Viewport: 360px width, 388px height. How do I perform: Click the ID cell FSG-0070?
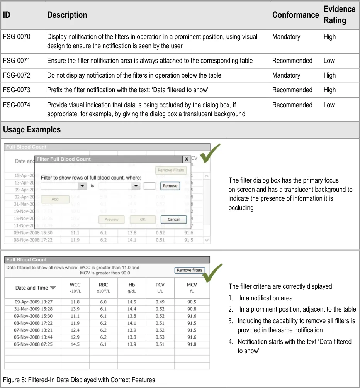tap(17, 37)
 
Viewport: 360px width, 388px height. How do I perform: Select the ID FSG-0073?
tap(17, 90)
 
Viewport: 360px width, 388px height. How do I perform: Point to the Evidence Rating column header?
tap(339, 15)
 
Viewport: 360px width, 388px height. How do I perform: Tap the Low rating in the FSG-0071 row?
tap(329, 61)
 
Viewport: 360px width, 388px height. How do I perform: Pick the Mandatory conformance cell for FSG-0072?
tap(286, 75)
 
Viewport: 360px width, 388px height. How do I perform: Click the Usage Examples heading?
tap(32, 130)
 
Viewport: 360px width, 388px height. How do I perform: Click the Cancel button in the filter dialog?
tap(173, 219)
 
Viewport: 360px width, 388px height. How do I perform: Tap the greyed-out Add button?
tap(55, 199)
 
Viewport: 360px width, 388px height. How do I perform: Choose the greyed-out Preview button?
tap(111, 219)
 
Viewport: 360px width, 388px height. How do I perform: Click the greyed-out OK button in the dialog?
tap(143, 219)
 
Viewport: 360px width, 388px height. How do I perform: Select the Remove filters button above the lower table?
tap(189, 270)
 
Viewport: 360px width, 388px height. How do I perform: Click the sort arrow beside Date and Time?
tap(53, 288)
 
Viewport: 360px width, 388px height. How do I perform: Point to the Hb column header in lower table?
tap(132, 287)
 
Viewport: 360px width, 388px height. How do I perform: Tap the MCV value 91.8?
tap(192, 344)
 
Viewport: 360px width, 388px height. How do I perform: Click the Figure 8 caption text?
tap(79, 380)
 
